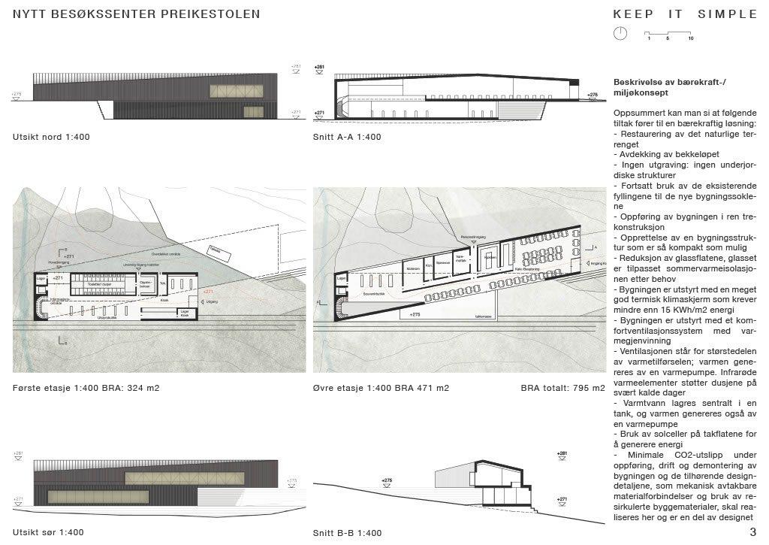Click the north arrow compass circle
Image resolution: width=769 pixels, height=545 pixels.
[x=620, y=34]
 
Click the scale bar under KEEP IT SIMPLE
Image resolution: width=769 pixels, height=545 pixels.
[x=668, y=34]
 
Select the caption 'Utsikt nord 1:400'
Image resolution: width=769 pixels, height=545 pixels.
[x=51, y=137]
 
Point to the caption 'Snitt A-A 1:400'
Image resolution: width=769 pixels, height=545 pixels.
[x=347, y=137]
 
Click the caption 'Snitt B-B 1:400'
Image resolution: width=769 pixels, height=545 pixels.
[x=347, y=533]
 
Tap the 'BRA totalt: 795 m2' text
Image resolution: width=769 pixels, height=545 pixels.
[x=562, y=388]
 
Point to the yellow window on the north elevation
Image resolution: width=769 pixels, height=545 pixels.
[x=237, y=91]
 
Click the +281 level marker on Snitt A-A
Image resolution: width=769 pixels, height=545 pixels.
[x=319, y=68]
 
